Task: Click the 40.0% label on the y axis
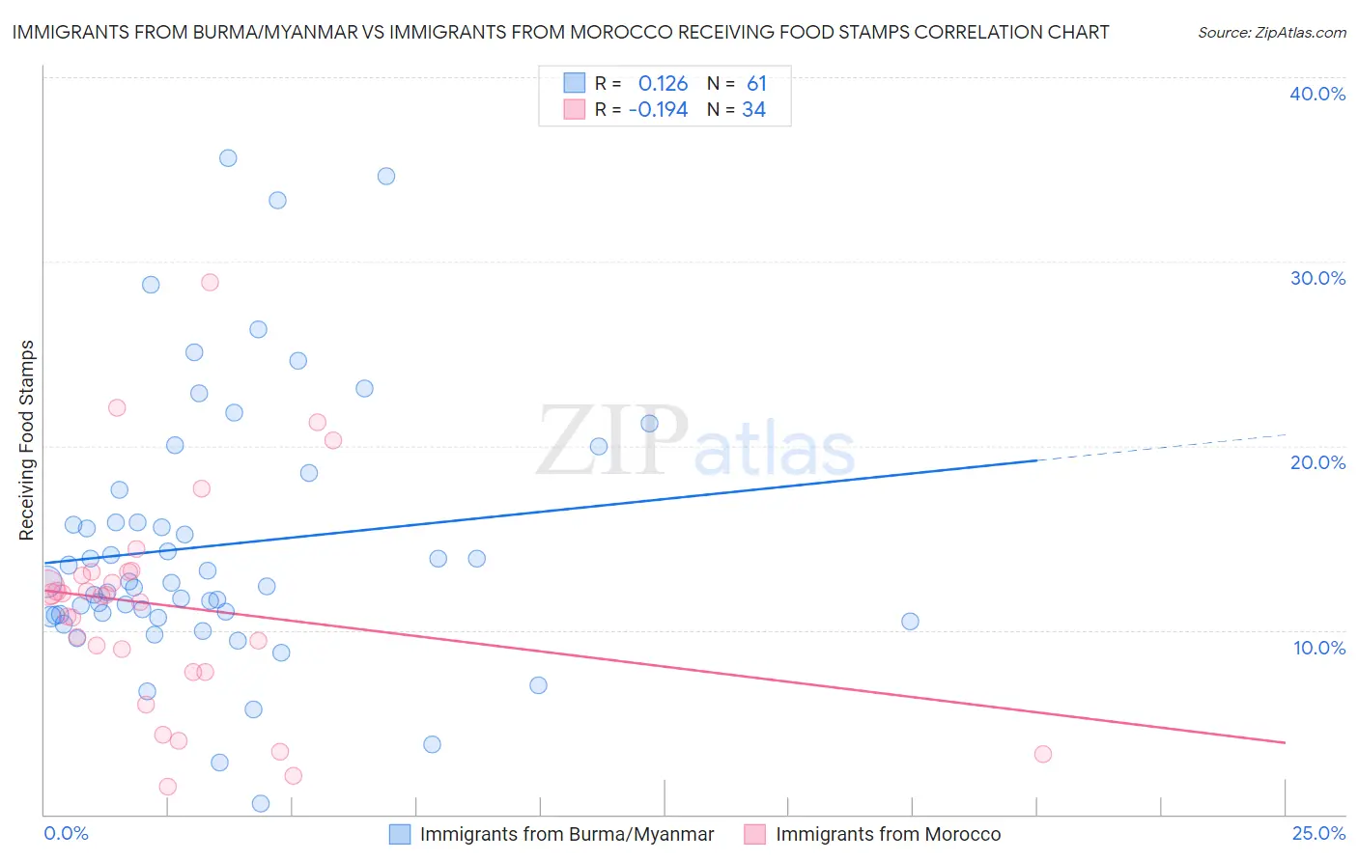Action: point(1317,94)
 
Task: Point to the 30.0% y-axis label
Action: point(1317,278)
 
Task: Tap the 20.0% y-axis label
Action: point(1317,462)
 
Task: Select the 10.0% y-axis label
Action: point(1319,647)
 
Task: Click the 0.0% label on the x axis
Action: point(66,833)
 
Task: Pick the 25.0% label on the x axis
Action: point(1318,833)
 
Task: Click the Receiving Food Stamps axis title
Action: point(26,440)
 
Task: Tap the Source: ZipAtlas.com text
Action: point(1271,32)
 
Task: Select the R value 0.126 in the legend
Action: point(663,84)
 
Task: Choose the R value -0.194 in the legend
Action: point(658,110)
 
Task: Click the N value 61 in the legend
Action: point(756,84)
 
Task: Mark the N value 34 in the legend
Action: point(753,110)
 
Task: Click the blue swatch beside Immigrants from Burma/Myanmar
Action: point(400,834)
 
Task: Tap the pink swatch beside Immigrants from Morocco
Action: point(755,834)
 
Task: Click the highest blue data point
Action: point(228,158)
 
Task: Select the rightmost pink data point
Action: point(1042,754)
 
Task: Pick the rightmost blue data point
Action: point(910,621)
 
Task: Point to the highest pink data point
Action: point(210,282)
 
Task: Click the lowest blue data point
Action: point(260,803)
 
